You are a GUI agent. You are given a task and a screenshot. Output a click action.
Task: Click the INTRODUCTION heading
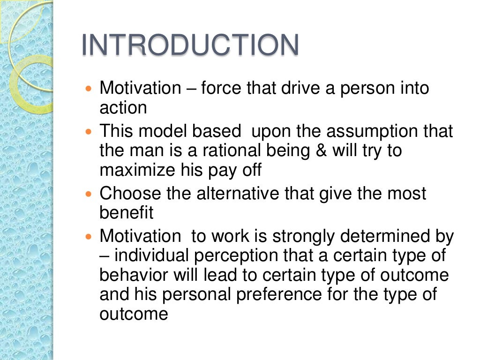[190, 46]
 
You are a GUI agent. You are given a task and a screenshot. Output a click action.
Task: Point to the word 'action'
[123, 108]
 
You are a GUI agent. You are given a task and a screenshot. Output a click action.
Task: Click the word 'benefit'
[126, 213]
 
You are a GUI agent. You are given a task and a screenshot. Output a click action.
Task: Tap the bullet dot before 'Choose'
[90, 194]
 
